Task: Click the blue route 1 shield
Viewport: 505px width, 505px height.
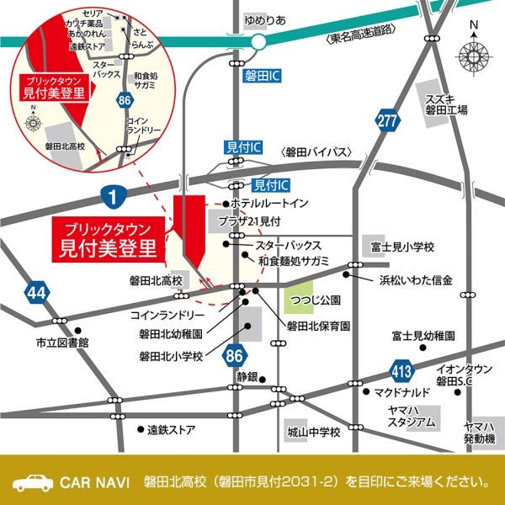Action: click(112, 196)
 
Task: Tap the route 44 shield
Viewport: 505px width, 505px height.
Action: click(36, 291)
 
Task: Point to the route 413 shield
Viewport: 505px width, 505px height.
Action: click(401, 369)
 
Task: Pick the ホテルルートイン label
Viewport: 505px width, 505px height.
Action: click(270, 204)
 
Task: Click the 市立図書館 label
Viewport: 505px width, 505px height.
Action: click(61, 343)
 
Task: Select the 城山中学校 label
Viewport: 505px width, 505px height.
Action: click(312, 433)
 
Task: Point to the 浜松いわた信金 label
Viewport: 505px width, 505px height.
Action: click(416, 279)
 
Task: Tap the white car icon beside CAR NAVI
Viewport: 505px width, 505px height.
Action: click(31, 482)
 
